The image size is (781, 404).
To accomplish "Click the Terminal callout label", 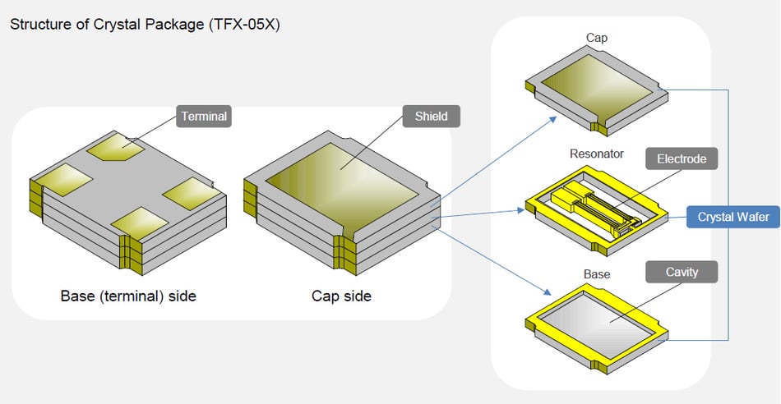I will [x=204, y=117].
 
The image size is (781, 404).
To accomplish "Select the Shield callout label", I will [x=432, y=117].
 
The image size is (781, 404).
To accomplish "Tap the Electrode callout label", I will [x=682, y=158].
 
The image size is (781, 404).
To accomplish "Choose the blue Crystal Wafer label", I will [x=733, y=217].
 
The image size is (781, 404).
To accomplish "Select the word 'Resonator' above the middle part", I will [x=596, y=154].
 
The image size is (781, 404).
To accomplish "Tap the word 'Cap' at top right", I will [x=596, y=38].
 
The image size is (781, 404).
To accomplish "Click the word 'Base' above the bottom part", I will [x=596, y=273].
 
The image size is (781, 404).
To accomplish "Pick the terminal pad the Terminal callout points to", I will [x=115, y=149].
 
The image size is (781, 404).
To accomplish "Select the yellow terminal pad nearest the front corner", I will [x=140, y=221].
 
